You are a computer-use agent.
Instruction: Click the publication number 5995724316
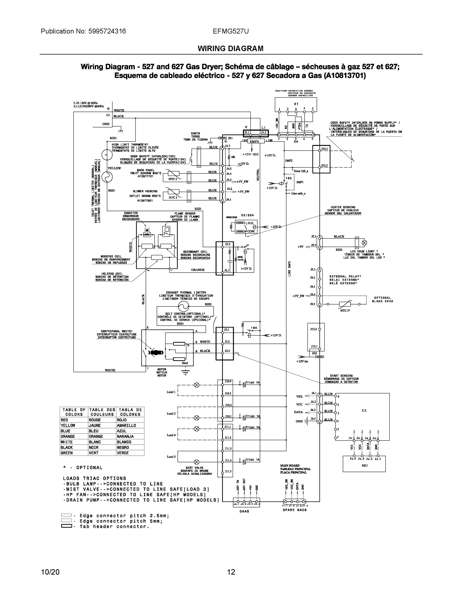pos(107,31)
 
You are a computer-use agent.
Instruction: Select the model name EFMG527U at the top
pos(231,31)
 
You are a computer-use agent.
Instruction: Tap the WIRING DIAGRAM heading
pos(230,49)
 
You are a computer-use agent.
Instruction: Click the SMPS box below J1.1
pos(254,141)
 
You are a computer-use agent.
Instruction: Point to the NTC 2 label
pos(173,179)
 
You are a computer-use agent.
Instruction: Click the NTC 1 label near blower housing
pos(173,197)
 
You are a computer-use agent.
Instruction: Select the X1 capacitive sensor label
pos(296,104)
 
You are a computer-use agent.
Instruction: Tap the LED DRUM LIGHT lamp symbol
pos(364,243)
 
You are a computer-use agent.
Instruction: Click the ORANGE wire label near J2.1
pos(198,270)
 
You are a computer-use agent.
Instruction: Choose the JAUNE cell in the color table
pos(95,425)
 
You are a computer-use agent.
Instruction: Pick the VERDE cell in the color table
pos(123,453)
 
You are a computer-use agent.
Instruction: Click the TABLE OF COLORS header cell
pos(74,412)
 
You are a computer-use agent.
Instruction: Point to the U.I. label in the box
pos(364,410)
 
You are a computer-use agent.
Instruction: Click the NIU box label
pos(364,465)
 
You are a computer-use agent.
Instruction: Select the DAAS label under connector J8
pos(244,511)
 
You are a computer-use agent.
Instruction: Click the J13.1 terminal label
pos(324,149)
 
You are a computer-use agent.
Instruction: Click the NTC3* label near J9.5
pos(345,310)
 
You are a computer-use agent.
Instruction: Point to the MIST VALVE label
pos(194,468)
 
